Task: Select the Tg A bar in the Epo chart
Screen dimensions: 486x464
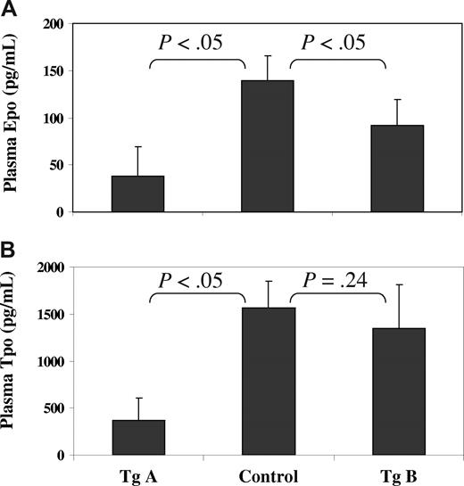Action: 137,194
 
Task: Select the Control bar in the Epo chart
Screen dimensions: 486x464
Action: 268,146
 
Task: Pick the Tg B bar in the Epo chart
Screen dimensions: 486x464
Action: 398,169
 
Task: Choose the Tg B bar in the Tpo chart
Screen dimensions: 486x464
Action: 398,391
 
